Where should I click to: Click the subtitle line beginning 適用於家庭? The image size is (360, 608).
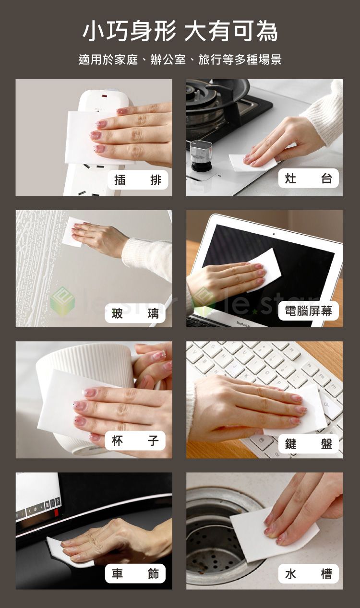point(180,60)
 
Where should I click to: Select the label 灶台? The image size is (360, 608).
point(309,179)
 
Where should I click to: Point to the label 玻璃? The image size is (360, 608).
point(135,313)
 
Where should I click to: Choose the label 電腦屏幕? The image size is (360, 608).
point(308,311)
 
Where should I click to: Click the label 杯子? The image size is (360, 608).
point(135,441)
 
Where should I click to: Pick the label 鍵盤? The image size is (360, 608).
point(309,444)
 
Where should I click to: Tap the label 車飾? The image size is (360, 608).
point(135,573)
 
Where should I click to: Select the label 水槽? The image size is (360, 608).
point(309,573)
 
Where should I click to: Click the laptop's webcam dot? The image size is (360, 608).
point(274,235)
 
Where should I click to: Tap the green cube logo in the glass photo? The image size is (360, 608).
point(62,301)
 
